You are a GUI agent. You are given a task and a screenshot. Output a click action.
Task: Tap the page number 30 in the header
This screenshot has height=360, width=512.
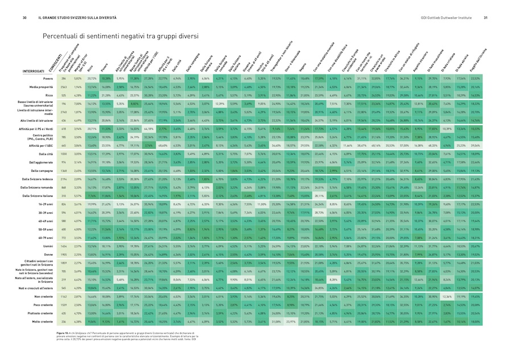click(x=25, y=18)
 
